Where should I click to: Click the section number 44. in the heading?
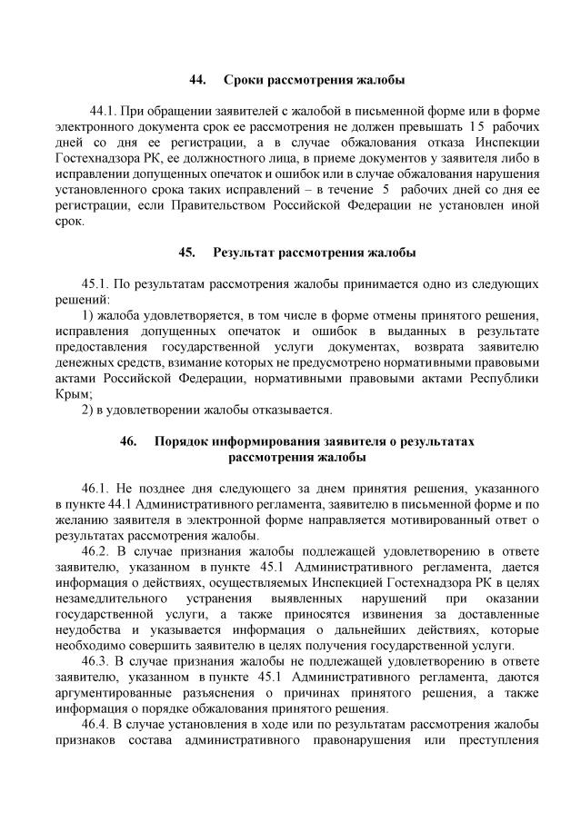point(197,80)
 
